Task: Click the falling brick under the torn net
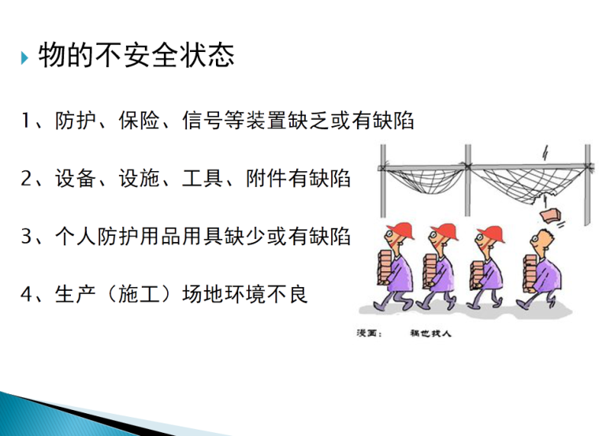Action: click(x=549, y=214)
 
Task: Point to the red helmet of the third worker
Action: click(x=489, y=231)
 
